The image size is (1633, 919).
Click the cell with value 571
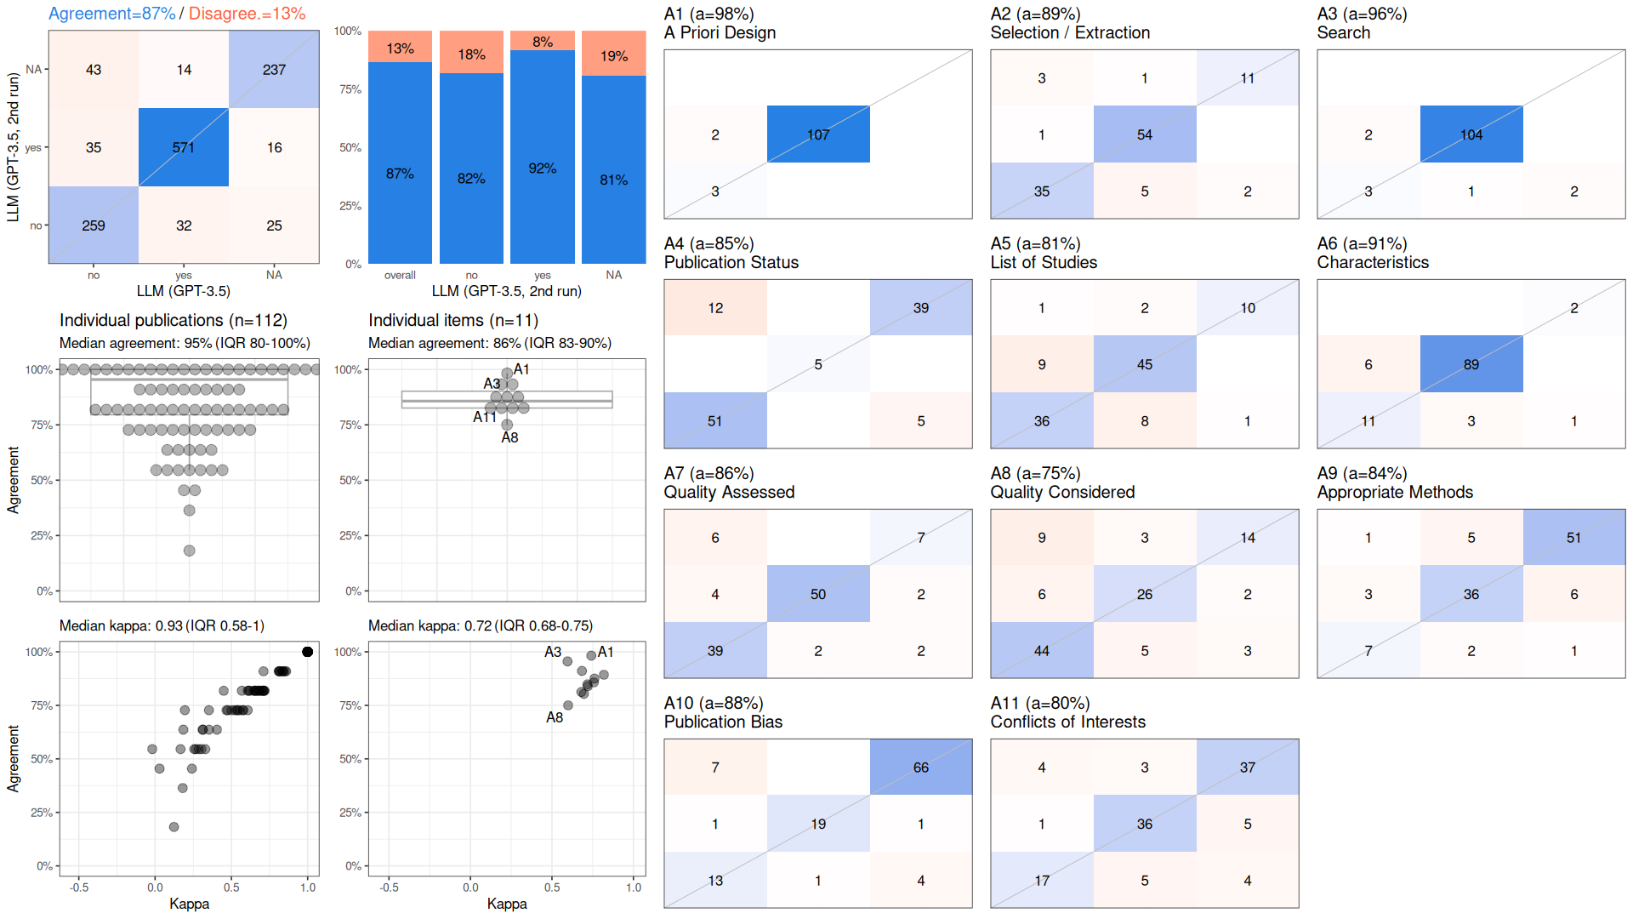[184, 147]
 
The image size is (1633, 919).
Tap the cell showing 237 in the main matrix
[274, 69]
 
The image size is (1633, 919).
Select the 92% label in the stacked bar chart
[543, 168]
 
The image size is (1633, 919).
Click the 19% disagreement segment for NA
[614, 54]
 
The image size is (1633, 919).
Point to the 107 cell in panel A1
[818, 134]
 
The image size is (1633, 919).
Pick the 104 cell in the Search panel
[1471, 134]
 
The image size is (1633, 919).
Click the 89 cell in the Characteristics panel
[1471, 364]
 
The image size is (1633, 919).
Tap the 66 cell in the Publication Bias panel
[921, 767]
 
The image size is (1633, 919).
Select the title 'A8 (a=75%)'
[1035, 473]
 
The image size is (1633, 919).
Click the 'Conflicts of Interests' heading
[1067, 722]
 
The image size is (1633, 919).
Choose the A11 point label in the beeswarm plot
[484, 417]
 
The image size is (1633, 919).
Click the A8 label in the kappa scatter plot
[555, 717]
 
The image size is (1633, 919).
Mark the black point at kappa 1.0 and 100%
[307, 652]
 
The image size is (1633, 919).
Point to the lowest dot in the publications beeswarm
[189, 551]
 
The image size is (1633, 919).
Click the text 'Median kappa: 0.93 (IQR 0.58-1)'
[162, 626]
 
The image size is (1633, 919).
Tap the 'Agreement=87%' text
[111, 14]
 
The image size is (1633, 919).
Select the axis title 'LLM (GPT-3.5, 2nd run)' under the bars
[507, 291]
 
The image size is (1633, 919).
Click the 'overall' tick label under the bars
[400, 275]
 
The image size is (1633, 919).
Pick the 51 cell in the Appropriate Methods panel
[1573, 537]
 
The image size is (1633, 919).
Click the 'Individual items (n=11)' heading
[453, 320]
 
